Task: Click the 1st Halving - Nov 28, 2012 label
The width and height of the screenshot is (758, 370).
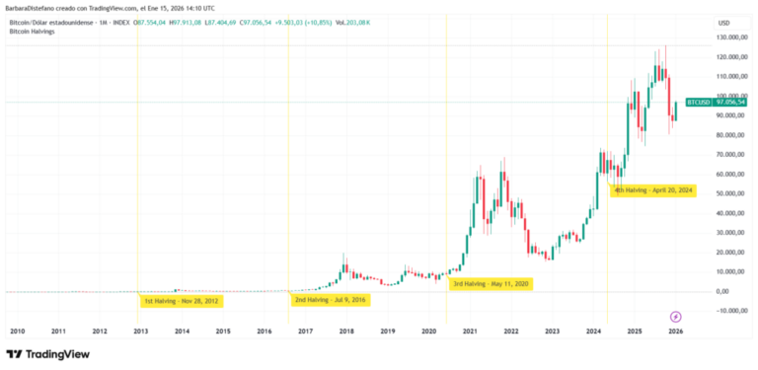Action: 182,301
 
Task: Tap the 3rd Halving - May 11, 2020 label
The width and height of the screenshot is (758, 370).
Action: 491,284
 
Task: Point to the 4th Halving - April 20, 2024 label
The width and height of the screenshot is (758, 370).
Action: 654,189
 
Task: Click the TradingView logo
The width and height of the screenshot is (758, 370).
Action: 43,354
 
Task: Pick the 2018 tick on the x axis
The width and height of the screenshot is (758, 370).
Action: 346,332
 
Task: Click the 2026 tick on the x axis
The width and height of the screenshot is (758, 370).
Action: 675,332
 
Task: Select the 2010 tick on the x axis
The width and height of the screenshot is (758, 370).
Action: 17,332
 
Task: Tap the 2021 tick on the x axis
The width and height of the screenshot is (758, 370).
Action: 470,332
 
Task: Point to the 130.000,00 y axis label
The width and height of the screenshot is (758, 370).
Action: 725,37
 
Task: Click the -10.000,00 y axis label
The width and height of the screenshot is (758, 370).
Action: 725,310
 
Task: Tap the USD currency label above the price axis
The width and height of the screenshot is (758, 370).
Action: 724,22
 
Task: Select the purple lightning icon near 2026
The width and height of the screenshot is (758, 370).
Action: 675,317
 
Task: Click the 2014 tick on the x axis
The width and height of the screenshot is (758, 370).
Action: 182,332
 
